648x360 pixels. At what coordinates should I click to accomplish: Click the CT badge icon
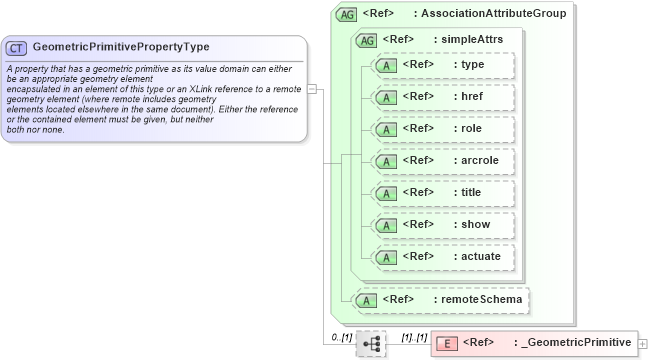point(17,47)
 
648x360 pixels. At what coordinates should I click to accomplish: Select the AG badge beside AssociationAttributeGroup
point(347,14)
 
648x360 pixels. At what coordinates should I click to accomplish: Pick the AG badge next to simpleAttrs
point(366,39)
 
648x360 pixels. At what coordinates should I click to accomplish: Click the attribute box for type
point(443,65)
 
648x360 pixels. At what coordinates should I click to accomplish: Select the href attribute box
point(443,97)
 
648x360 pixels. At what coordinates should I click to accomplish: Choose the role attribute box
point(443,129)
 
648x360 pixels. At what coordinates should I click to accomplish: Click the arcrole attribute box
point(443,160)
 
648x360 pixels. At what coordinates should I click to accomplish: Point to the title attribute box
point(443,192)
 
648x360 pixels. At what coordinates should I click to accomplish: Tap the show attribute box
point(443,224)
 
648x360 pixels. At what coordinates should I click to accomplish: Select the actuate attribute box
point(443,256)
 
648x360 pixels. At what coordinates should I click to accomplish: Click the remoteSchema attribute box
point(441,299)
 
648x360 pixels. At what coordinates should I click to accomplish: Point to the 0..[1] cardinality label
point(341,338)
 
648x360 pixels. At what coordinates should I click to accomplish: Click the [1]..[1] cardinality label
point(414,338)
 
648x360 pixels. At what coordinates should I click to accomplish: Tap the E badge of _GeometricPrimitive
point(446,344)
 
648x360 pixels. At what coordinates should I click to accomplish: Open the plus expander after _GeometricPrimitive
point(642,344)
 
